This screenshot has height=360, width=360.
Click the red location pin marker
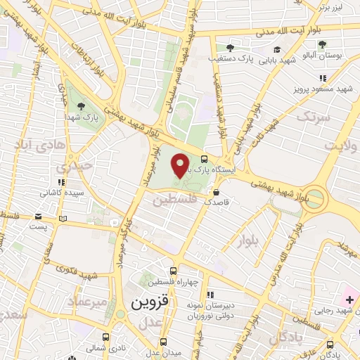coord(180,165)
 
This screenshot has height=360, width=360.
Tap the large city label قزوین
coord(150,303)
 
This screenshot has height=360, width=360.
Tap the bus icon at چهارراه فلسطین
coord(174,271)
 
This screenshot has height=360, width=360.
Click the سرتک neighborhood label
coord(313,116)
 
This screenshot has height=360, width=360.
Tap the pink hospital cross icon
coord(349,300)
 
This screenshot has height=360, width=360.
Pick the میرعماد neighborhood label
coord(88,300)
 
